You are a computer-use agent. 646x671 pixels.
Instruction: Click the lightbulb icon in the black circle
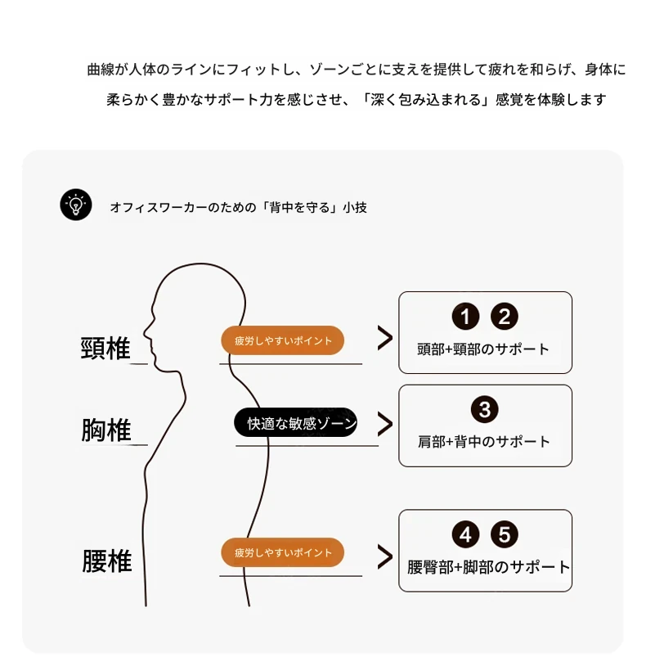pos(76,205)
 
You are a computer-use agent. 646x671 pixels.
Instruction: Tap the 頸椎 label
pos(106,348)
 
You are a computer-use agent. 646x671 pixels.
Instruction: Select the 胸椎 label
pos(106,430)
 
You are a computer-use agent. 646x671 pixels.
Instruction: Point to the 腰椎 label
pos(106,562)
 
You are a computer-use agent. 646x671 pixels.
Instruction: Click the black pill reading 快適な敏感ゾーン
pos(295,422)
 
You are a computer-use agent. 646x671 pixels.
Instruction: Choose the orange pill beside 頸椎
pos(283,340)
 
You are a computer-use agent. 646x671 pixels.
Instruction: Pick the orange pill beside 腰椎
pos(283,552)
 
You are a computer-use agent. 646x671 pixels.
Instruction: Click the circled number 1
pos(465,317)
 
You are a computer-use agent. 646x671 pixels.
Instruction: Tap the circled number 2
pos(504,317)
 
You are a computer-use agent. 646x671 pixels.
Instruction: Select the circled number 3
pos(485,409)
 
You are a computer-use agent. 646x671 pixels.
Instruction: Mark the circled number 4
pos(465,535)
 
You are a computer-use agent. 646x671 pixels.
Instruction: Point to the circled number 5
pos(504,535)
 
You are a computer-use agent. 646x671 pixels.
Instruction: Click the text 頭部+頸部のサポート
pos(484,349)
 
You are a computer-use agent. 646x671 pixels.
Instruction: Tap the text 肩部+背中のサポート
pos(484,442)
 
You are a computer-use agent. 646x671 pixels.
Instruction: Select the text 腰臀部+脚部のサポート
pos(488,567)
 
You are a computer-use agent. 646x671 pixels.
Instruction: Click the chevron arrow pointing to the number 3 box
pos(384,423)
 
